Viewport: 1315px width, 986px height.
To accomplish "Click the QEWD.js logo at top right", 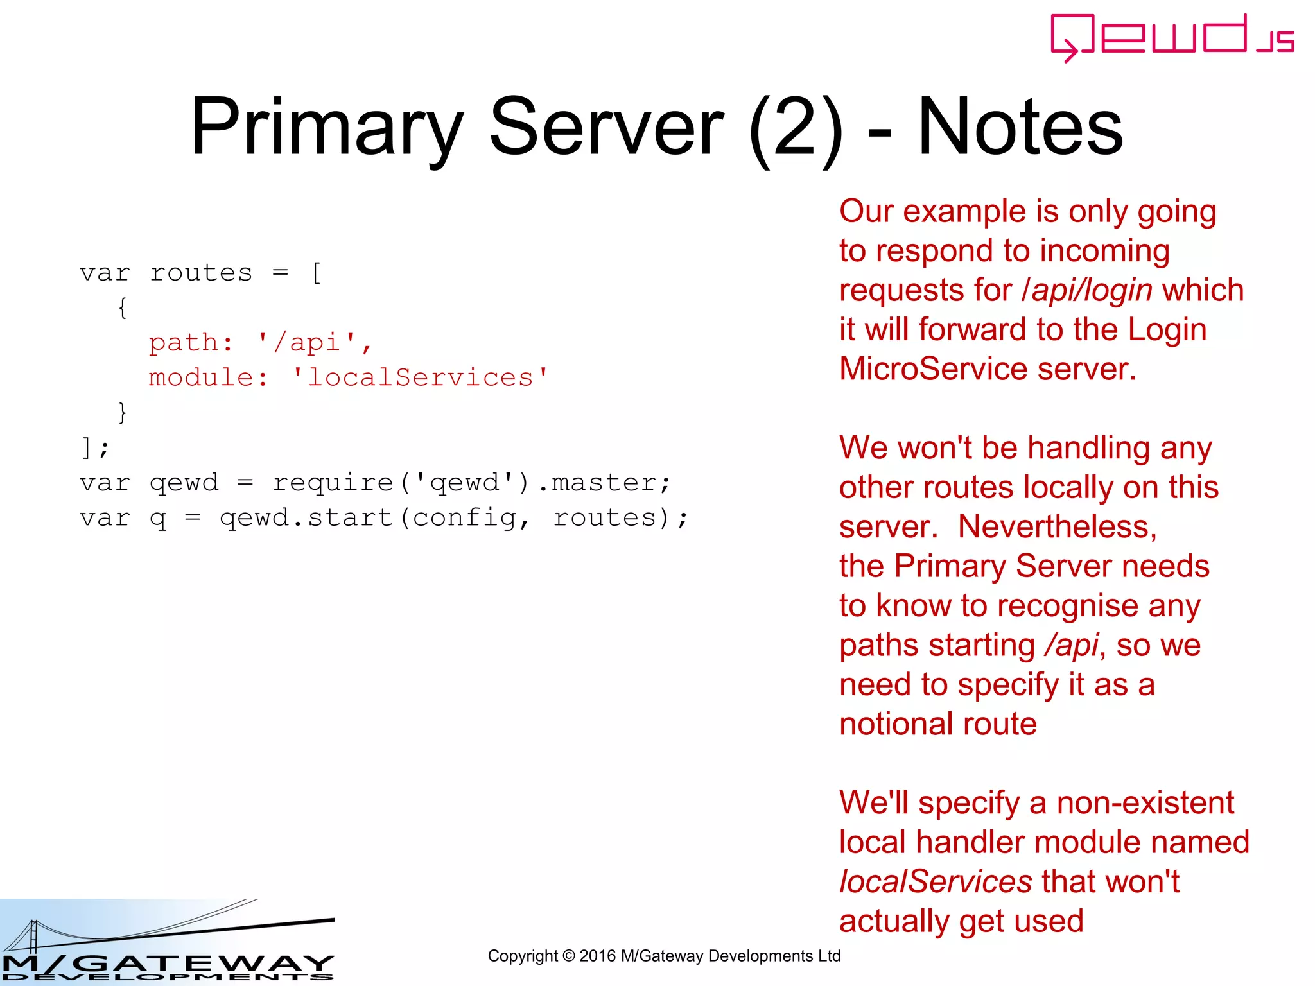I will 1171,37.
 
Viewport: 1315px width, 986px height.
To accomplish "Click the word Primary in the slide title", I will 327,126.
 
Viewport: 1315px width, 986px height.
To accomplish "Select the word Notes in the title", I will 1020,126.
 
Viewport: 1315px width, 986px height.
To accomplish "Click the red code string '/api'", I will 306,342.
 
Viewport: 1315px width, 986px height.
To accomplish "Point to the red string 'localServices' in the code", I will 420,377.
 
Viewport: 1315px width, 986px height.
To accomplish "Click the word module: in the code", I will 208,377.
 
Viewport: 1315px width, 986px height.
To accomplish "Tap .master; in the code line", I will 604,483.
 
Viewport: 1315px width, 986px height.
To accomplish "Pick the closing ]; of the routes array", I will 94,447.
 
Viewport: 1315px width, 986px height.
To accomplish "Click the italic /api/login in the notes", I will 1086,290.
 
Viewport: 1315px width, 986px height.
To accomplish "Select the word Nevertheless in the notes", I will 1057,527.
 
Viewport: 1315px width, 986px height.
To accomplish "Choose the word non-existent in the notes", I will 1145,803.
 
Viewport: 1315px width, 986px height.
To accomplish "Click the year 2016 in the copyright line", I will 597,956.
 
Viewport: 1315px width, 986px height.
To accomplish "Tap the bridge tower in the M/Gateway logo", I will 33,935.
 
